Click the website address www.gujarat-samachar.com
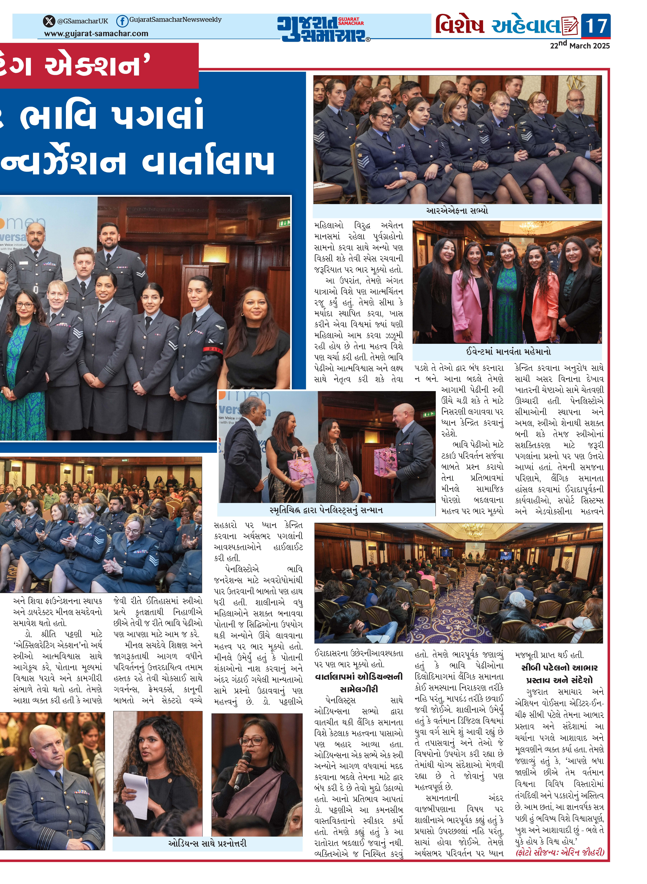[x=96, y=34]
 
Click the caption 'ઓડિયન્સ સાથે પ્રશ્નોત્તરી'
[x=208, y=843]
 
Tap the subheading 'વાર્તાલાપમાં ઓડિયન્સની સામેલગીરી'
[x=359, y=683]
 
